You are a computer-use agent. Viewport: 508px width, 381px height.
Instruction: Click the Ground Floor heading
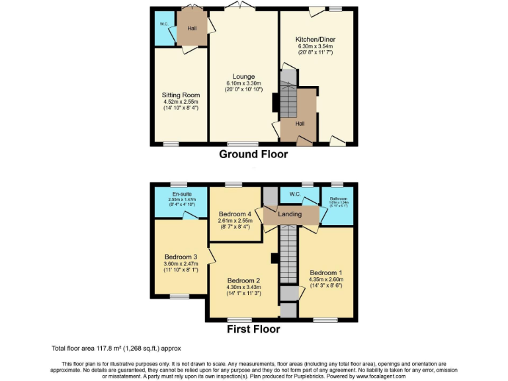click(x=253, y=154)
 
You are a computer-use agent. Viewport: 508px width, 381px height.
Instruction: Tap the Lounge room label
click(x=243, y=77)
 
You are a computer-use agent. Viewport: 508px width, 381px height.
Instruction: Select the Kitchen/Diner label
click(x=315, y=40)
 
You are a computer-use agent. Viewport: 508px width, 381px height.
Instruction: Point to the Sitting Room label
click(x=181, y=95)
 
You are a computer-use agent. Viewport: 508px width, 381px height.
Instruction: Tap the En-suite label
click(x=181, y=194)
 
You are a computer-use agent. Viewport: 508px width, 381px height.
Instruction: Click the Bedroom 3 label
click(x=181, y=257)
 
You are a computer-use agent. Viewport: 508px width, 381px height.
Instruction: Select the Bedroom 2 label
click(x=243, y=280)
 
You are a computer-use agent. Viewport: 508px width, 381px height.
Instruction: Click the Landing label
click(x=290, y=214)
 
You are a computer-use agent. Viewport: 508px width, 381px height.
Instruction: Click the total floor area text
click(x=116, y=348)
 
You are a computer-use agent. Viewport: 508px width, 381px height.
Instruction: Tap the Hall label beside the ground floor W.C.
click(x=192, y=28)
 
